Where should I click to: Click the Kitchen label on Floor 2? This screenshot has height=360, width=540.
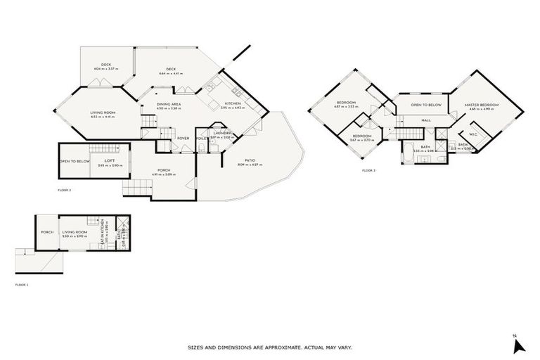pos(232,103)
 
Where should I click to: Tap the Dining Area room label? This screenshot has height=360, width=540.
pos(169,104)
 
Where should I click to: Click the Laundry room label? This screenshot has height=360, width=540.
pos(222,133)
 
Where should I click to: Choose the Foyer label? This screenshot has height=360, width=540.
pos(184,138)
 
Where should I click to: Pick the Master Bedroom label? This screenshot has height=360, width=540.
pos(482,105)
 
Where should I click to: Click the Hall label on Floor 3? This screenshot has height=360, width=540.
pos(426,120)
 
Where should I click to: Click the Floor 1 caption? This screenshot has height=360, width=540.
pos(23,285)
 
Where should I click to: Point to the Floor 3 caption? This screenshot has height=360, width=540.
pos(369,171)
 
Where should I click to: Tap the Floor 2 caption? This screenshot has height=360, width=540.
pos(65,190)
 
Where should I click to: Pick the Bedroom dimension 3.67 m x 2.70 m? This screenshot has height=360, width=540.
pos(362,140)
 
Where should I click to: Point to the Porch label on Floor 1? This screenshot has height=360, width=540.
pos(48,231)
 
